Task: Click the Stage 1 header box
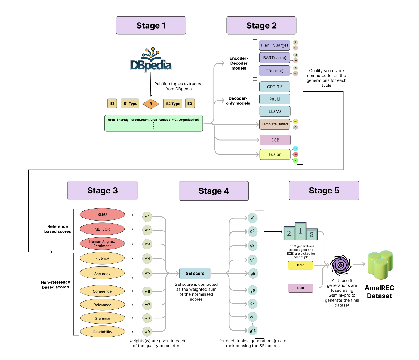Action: (x=151, y=25)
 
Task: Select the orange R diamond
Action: (x=151, y=104)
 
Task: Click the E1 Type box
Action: (x=130, y=104)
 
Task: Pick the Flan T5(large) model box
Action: (x=274, y=45)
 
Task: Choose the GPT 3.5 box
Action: (x=275, y=87)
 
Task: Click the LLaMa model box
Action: (x=275, y=111)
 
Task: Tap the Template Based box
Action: (x=275, y=124)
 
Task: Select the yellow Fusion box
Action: (x=275, y=154)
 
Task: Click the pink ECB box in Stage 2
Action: (x=275, y=140)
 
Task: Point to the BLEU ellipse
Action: (x=102, y=215)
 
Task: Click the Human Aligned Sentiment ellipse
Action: (x=102, y=244)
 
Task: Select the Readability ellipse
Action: (x=103, y=332)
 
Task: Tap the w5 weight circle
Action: (x=147, y=273)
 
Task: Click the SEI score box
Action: (x=195, y=273)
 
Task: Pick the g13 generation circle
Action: (x=253, y=331)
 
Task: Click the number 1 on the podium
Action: (x=300, y=231)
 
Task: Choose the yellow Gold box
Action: (x=300, y=265)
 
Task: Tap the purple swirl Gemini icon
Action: (x=341, y=265)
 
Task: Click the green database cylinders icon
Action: (x=380, y=265)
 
